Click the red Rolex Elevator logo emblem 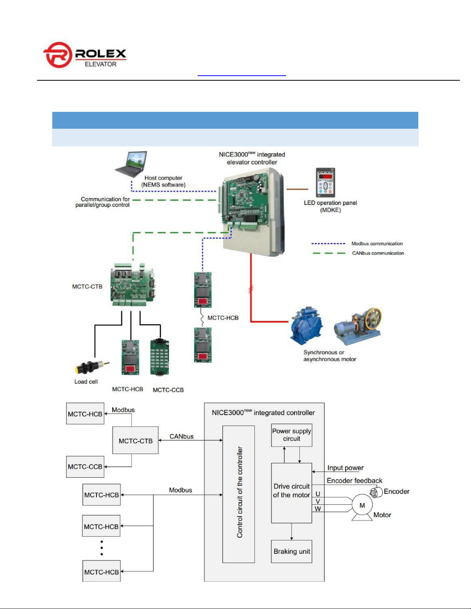pyautogui.click(x=58, y=55)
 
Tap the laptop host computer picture pyautogui.click(x=131, y=164)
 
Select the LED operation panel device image pyautogui.click(x=326, y=183)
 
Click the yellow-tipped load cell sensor pyautogui.click(x=91, y=367)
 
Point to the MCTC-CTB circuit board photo pyautogui.click(x=132, y=284)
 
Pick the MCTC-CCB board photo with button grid pyautogui.click(x=160, y=357)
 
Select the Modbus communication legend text pyautogui.click(x=377, y=244)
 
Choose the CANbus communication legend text pyautogui.click(x=378, y=253)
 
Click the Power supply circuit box pyautogui.click(x=291, y=435)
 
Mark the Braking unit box pyautogui.click(x=291, y=551)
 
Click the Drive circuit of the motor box pyautogui.click(x=291, y=493)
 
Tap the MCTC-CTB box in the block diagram pyautogui.click(x=135, y=440)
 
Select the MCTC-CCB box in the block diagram pyautogui.click(x=85, y=466)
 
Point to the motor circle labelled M pyautogui.click(x=362, y=504)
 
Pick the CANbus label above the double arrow pyautogui.click(x=181, y=436)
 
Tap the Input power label pyautogui.click(x=345, y=468)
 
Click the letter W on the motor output pyautogui.click(x=318, y=509)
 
